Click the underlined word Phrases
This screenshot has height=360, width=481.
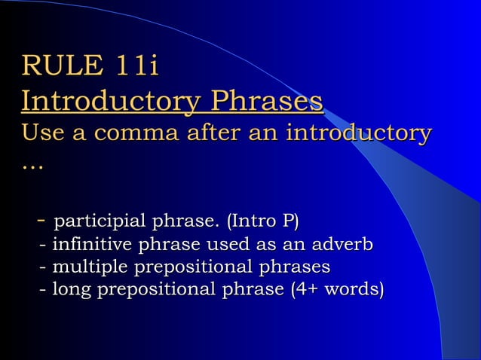coord(267,101)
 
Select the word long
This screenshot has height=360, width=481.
coord(69,290)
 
